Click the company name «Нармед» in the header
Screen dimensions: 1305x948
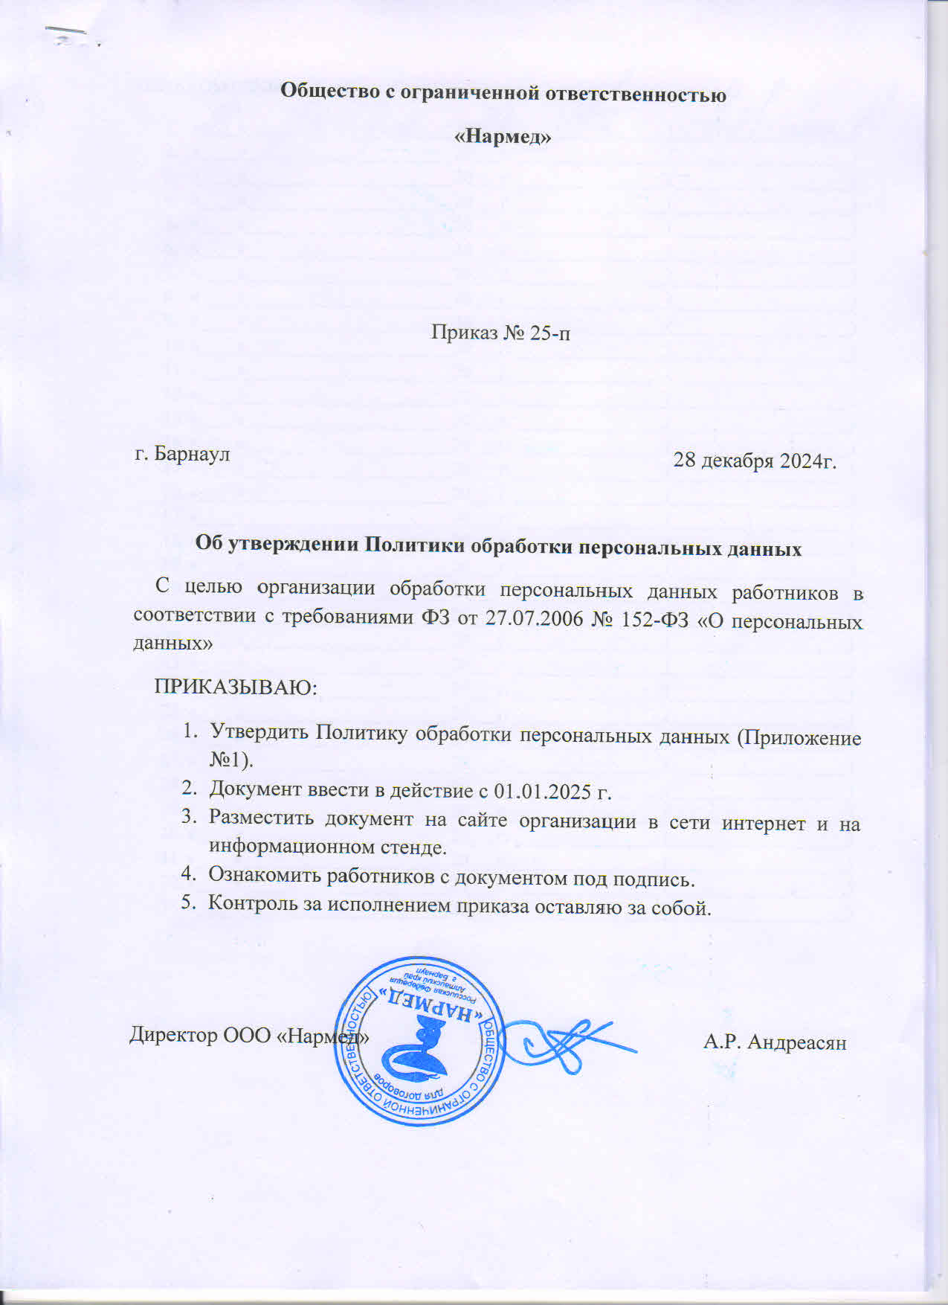pyautogui.click(x=503, y=137)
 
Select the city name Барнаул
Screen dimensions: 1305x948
pyautogui.click(x=193, y=453)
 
